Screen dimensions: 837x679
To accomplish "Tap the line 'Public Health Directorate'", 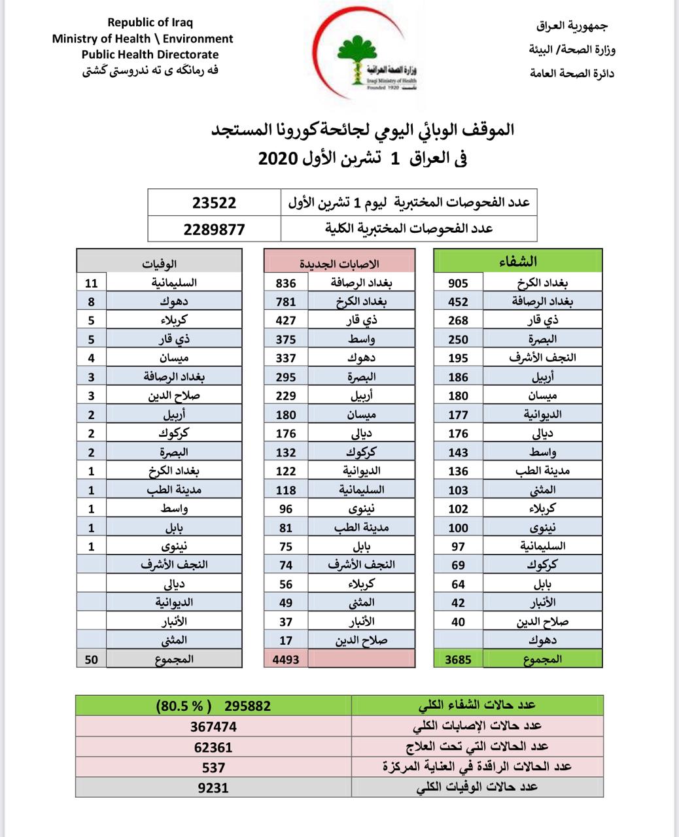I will (x=150, y=55).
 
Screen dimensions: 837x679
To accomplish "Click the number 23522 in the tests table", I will (x=214, y=203).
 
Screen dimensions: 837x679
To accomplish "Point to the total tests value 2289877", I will (x=214, y=229).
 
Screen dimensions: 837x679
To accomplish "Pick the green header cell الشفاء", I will (x=517, y=261).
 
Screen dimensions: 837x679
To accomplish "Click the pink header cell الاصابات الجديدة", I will (x=339, y=264).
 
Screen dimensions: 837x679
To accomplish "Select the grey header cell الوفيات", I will (x=160, y=264).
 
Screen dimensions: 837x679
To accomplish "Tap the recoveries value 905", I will (x=458, y=282).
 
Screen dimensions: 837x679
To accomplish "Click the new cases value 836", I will (x=285, y=282).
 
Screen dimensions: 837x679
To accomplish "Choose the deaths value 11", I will (x=92, y=282).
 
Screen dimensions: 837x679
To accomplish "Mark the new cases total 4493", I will (x=285, y=659).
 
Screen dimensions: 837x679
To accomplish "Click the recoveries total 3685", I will (x=458, y=659).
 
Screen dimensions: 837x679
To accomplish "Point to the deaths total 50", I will (x=92, y=659).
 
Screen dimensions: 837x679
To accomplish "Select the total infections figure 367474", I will (x=213, y=726).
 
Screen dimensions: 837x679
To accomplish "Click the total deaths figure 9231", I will (x=213, y=788).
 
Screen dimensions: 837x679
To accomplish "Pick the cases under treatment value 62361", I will (x=213, y=747).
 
